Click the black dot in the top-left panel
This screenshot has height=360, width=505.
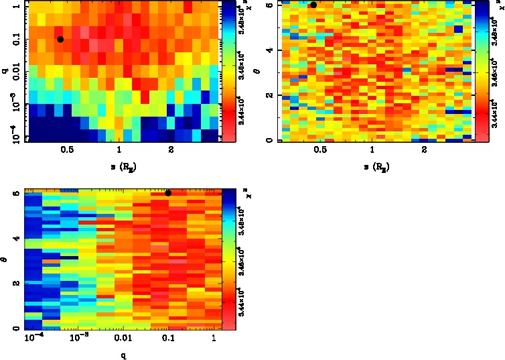click(60, 39)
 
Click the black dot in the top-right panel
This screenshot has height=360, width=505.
click(313, 4)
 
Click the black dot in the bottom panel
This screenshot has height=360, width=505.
click(168, 193)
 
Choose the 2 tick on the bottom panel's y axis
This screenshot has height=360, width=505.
click(16, 284)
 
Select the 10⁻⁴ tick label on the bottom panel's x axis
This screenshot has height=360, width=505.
click(33, 341)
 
